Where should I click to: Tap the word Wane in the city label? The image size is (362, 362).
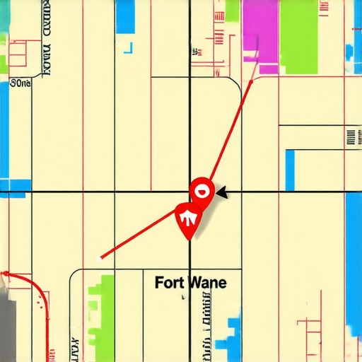209,283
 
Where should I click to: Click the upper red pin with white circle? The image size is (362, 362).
202,191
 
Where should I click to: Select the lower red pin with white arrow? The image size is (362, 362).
187,216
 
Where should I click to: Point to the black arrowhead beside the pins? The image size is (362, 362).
221,192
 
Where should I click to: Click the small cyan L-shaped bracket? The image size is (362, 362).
127,49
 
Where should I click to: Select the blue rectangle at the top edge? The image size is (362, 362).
125,16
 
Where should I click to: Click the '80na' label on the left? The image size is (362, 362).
21,83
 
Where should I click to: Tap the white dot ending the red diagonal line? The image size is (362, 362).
100,257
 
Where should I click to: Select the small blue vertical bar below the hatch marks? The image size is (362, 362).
289,170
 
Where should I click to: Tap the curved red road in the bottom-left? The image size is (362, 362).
39,297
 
